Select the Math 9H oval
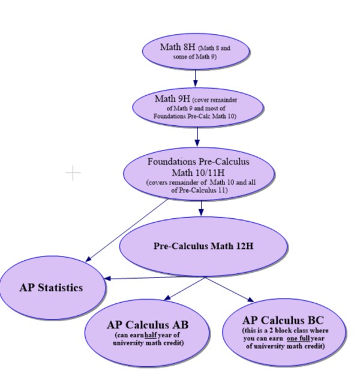pyautogui.click(x=197, y=107)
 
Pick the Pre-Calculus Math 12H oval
pyautogui.click(x=203, y=246)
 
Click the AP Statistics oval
pyautogui.click(x=51, y=288)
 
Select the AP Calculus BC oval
pyautogui.click(x=284, y=333)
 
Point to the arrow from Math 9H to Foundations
pyautogui.click(x=197, y=136)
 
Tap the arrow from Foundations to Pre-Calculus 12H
pyautogui.click(x=201, y=208)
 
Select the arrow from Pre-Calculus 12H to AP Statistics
pyautogui.click(x=156, y=278)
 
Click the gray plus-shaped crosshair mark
pyautogui.click(x=73, y=174)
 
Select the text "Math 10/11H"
pyautogui.click(x=198, y=173)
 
